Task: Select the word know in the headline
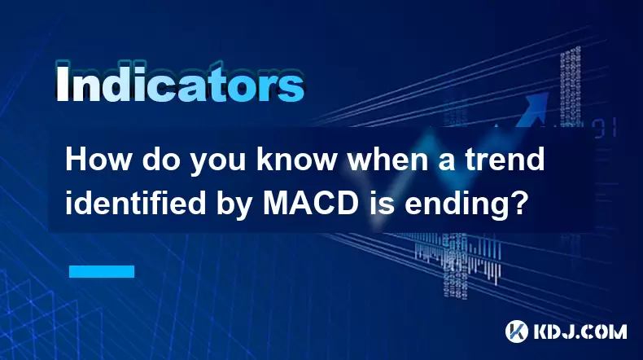click(x=296, y=160)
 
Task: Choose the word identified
click(x=135, y=203)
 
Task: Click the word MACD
click(x=311, y=203)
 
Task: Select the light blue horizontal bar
click(x=102, y=271)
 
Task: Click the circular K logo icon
click(x=517, y=331)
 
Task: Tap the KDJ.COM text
click(x=580, y=331)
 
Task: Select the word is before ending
click(x=382, y=203)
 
